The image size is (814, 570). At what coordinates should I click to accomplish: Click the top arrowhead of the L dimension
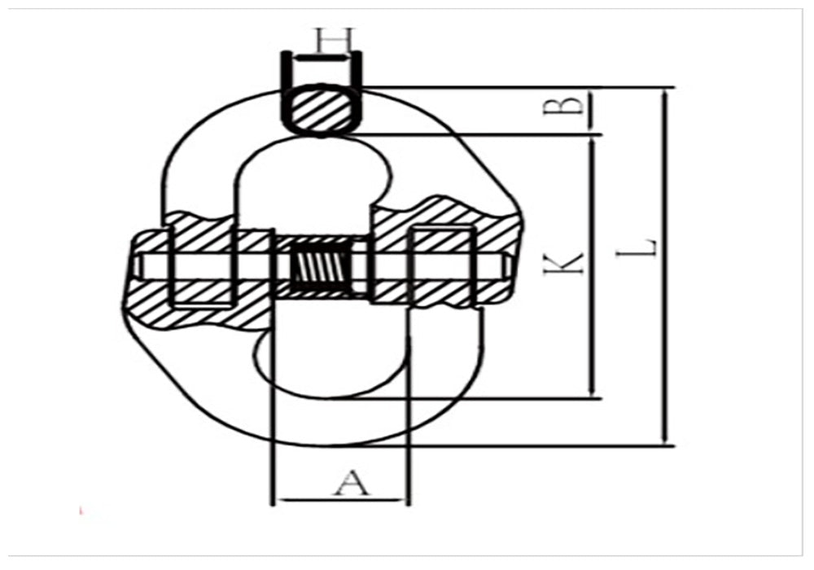pos(667,94)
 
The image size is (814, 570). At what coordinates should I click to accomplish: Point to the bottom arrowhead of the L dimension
pos(667,440)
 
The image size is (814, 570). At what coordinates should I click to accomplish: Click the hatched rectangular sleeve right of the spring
pos(443,244)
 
